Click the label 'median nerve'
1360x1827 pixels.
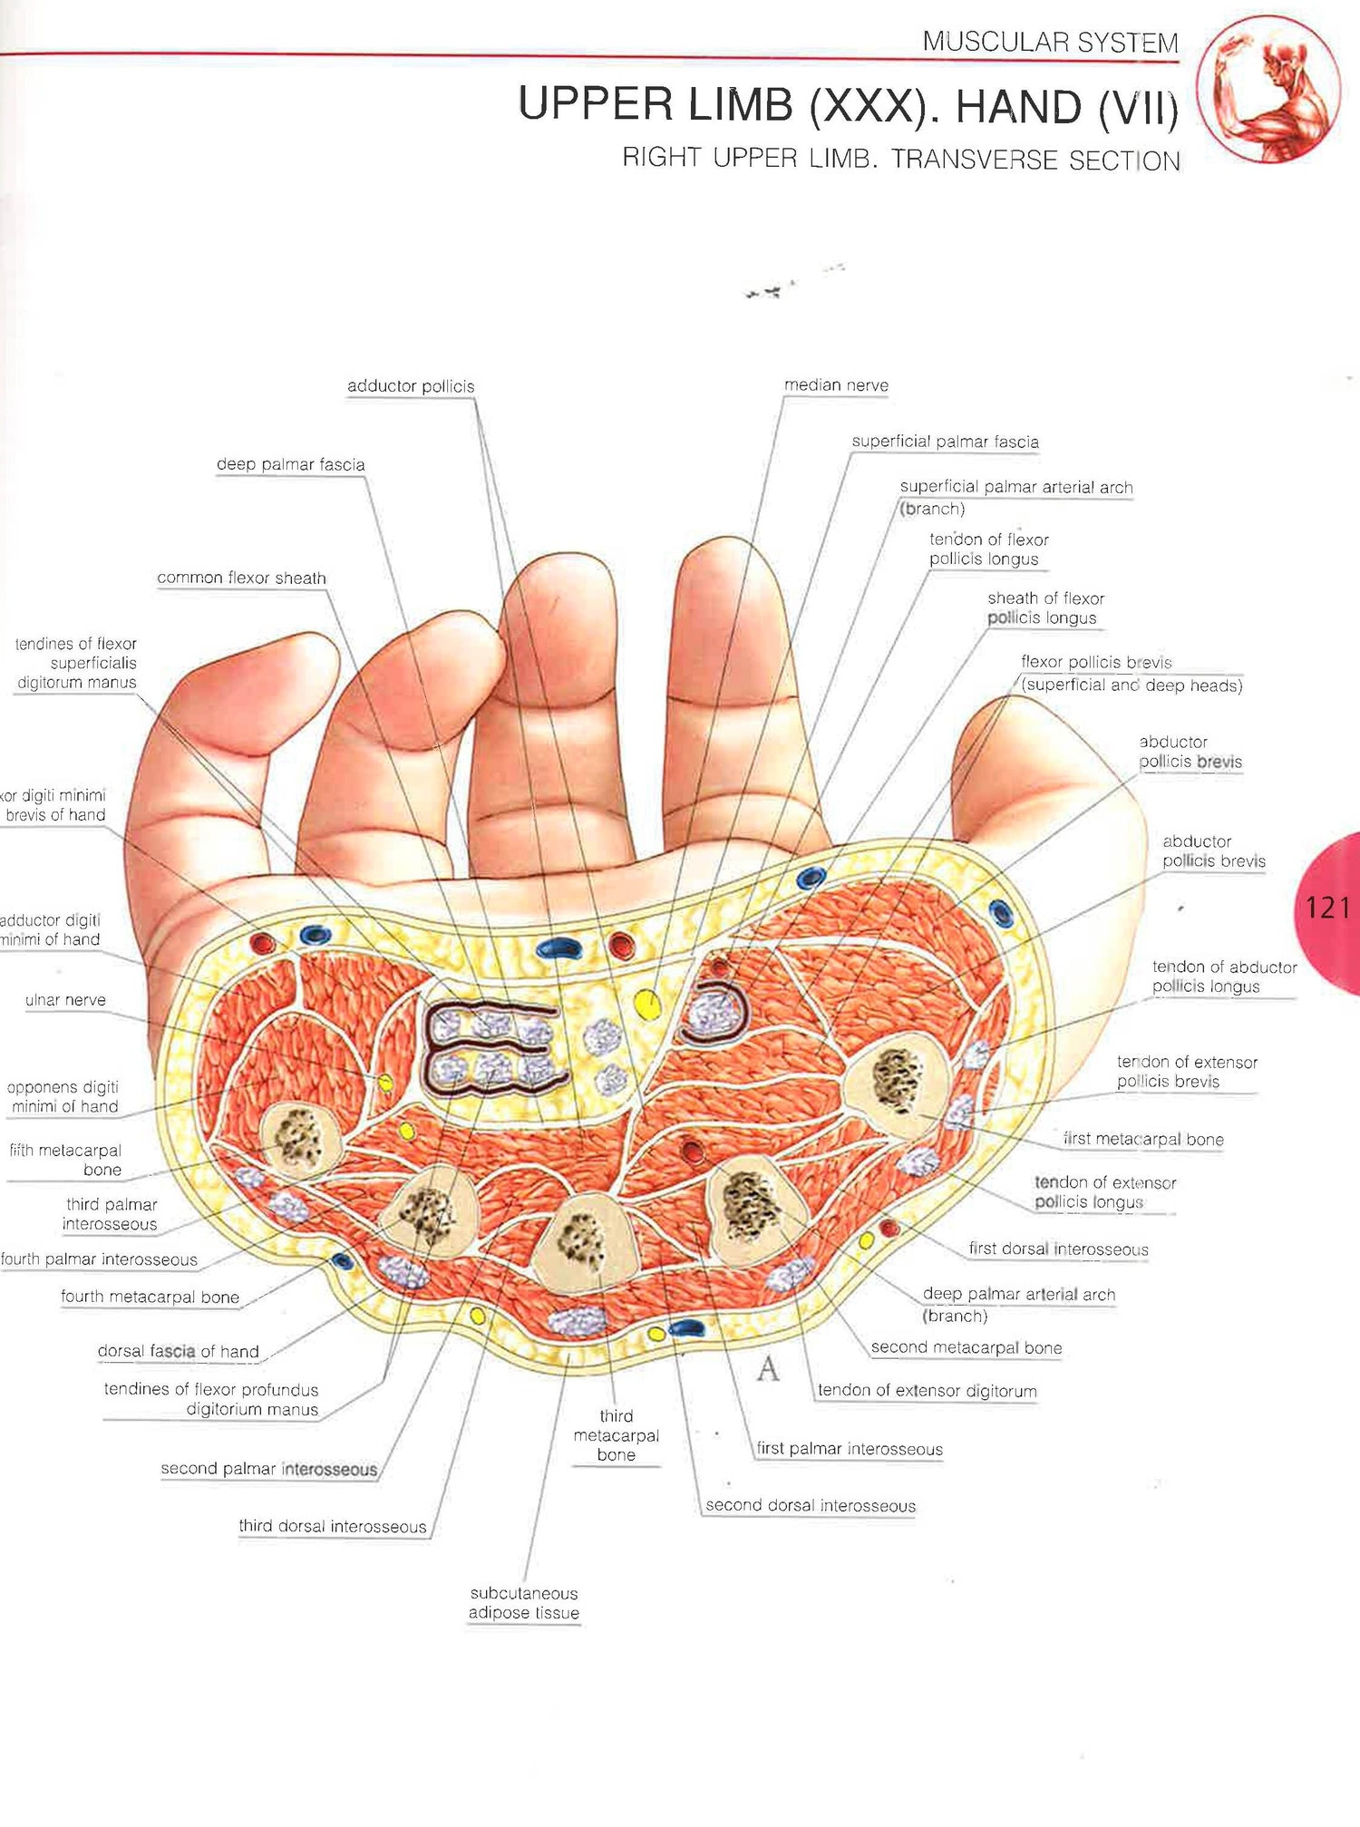[x=836, y=385]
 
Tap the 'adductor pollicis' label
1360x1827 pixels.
[x=411, y=386]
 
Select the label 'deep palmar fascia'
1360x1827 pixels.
[x=290, y=464]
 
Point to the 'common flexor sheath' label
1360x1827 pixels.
[x=241, y=578]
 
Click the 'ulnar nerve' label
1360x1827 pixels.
[x=65, y=999]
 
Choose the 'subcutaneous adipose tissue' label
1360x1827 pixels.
[x=524, y=1602]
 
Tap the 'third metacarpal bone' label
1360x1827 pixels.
[x=616, y=1434]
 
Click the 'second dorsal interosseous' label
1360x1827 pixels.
[x=811, y=1505]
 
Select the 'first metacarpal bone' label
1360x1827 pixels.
[x=1142, y=1139]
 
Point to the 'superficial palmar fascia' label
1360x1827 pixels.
[x=945, y=442]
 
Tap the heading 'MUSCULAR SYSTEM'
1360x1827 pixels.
[x=1050, y=42]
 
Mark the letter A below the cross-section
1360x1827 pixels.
[x=768, y=1368]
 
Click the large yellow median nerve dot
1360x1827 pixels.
[x=646, y=1004]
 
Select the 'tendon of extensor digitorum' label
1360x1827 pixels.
[x=927, y=1390]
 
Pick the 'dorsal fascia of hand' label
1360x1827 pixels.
[x=179, y=1351]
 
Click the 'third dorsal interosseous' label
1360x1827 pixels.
[x=333, y=1526]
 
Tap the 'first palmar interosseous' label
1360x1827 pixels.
[x=850, y=1448]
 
